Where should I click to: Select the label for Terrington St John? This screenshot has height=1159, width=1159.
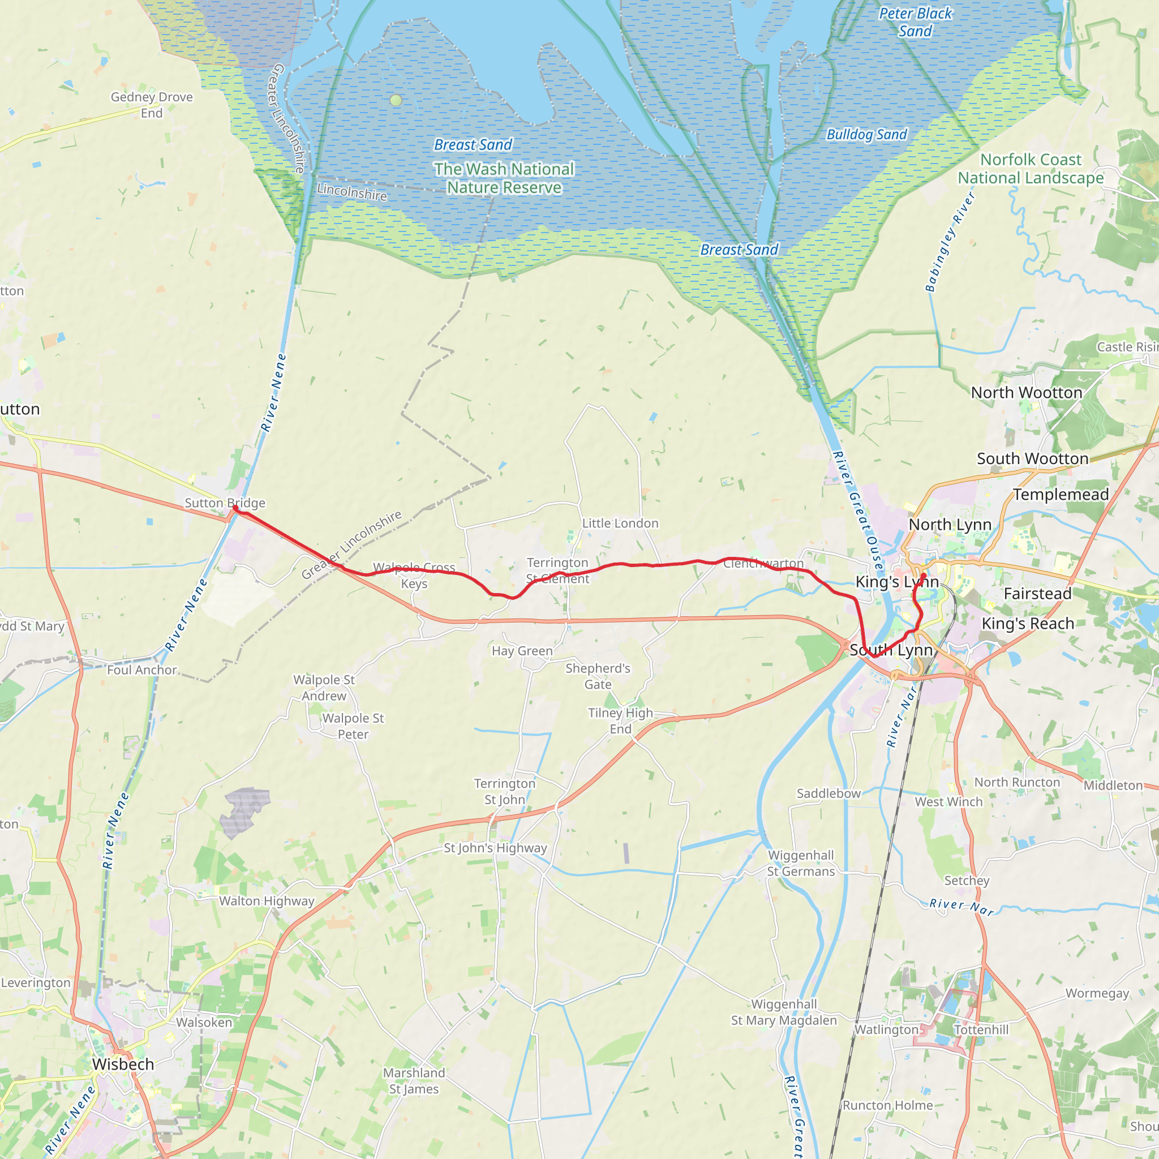click(x=504, y=791)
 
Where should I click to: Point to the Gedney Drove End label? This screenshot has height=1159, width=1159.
click(x=152, y=105)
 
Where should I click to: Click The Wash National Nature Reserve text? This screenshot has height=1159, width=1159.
click(x=504, y=178)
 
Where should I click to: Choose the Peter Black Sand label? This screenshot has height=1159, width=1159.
click(x=915, y=22)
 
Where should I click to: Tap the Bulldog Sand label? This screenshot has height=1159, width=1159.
click(x=866, y=134)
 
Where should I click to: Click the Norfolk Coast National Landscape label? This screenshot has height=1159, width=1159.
click(x=1031, y=169)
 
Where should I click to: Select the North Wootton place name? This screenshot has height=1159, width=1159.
click(x=1027, y=392)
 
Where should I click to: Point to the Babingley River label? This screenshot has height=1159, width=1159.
click(x=950, y=242)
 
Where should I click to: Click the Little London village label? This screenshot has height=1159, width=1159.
click(x=620, y=523)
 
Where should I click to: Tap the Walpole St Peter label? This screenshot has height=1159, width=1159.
click(x=353, y=726)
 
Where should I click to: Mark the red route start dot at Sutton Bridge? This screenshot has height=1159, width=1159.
click(x=235, y=508)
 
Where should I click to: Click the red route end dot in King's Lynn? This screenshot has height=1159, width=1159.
click(x=923, y=576)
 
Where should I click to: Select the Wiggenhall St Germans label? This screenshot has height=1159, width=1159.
click(x=801, y=863)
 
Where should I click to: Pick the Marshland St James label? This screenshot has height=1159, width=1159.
click(x=414, y=1080)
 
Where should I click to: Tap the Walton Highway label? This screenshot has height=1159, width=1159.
click(x=267, y=900)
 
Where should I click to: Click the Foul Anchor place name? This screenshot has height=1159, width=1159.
click(x=141, y=669)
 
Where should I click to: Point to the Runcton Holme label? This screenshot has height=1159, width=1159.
click(x=887, y=1105)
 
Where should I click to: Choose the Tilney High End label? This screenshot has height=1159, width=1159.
click(x=620, y=720)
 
